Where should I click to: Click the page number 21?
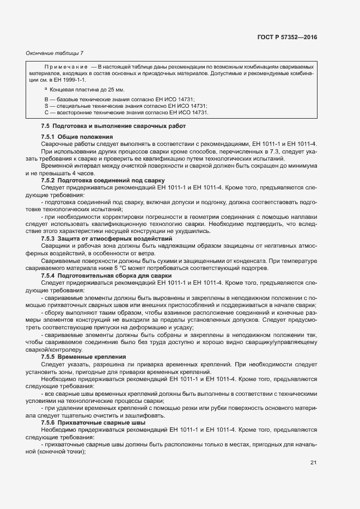pos(313,463)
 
